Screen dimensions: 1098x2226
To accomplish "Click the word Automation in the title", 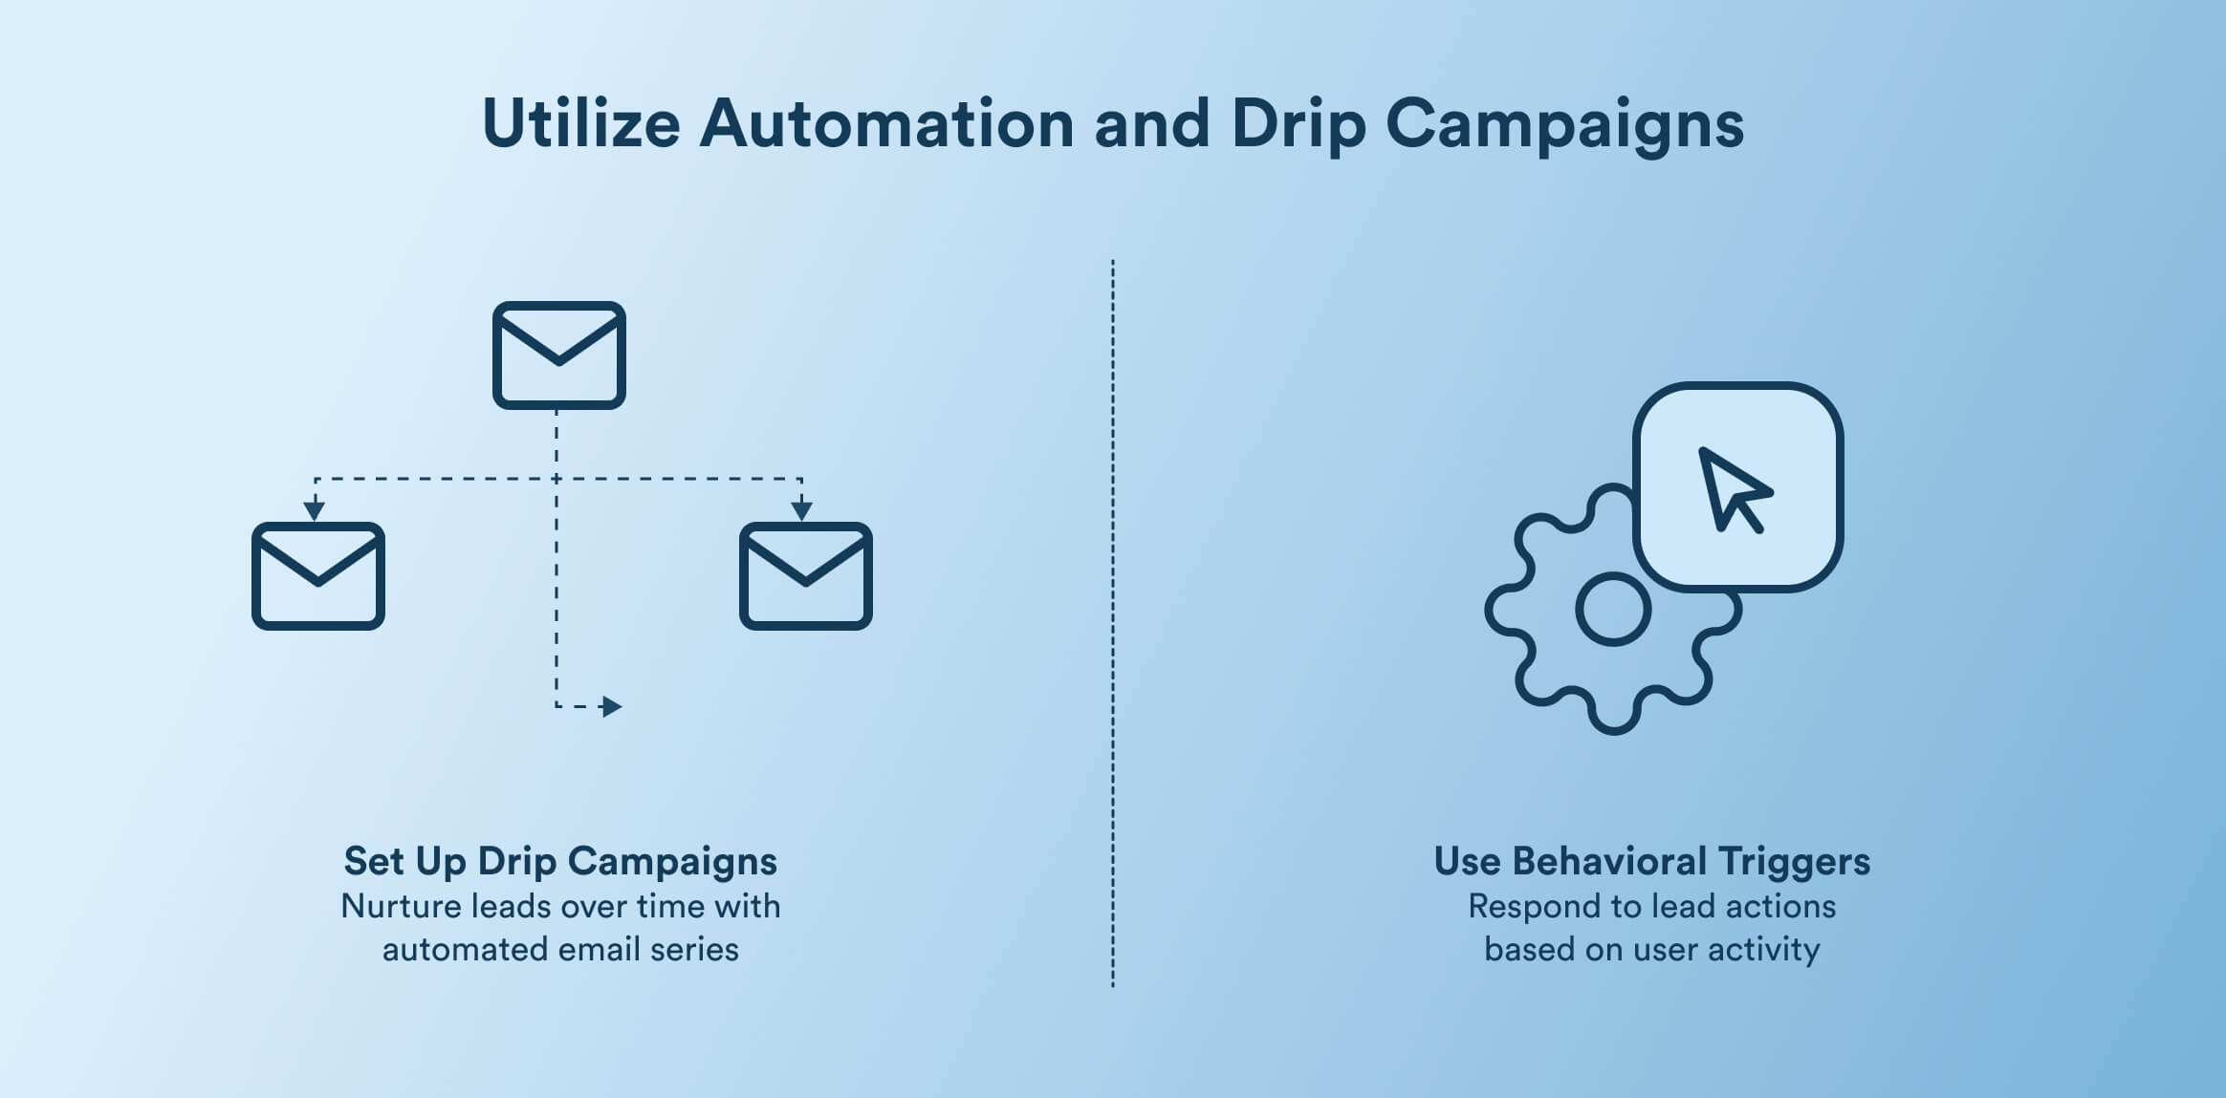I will coord(887,124).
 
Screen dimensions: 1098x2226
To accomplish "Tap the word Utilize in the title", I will coord(581,124).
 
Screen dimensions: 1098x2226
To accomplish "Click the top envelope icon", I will coord(559,355).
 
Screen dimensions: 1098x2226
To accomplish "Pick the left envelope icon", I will coord(318,575).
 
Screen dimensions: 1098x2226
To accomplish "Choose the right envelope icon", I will coord(806,575).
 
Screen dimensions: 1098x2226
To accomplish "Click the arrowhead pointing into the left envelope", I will coord(314,510).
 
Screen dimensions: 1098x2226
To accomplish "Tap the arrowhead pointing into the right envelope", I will coord(801,510).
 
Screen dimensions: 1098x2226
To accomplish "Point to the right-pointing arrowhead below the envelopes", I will coord(612,707).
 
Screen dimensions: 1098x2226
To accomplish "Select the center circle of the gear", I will coord(1613,610).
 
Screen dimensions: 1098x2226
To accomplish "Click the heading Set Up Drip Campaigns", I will coord(560,861).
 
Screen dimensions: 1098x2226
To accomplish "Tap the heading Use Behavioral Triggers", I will coord(1651,861).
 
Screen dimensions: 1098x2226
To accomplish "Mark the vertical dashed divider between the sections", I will coord(1113,621).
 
